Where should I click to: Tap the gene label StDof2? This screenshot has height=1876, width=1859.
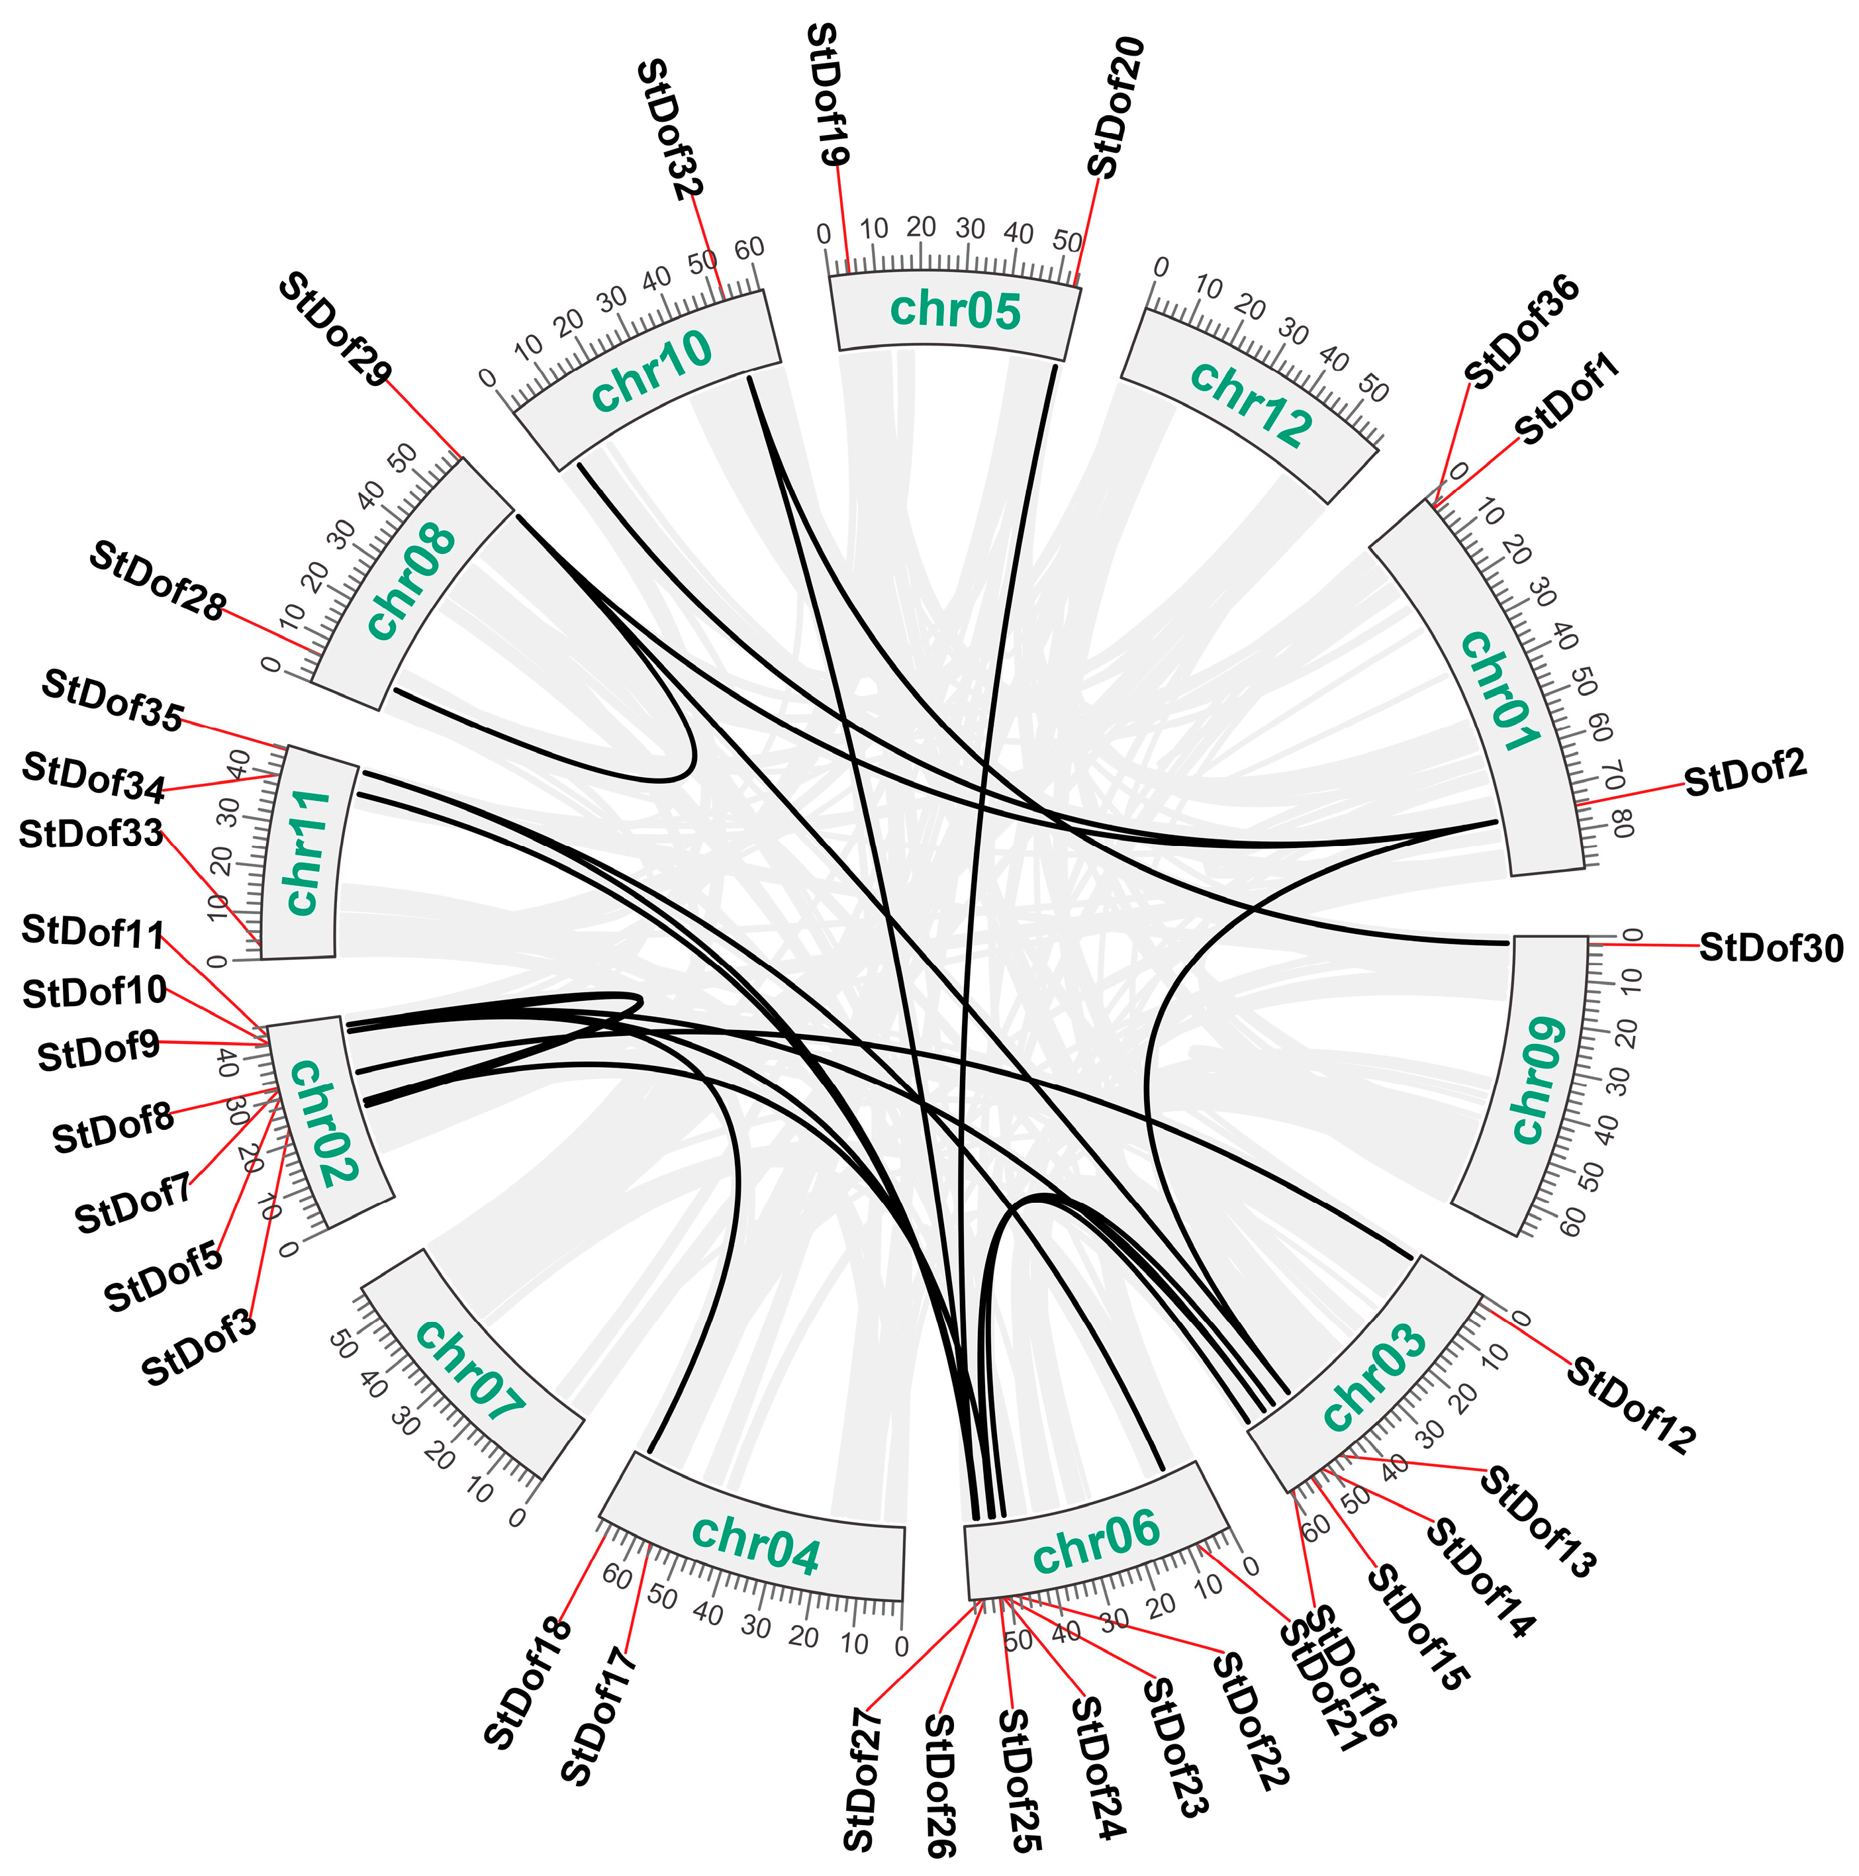1745,773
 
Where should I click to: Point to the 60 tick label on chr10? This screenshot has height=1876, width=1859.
749,249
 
